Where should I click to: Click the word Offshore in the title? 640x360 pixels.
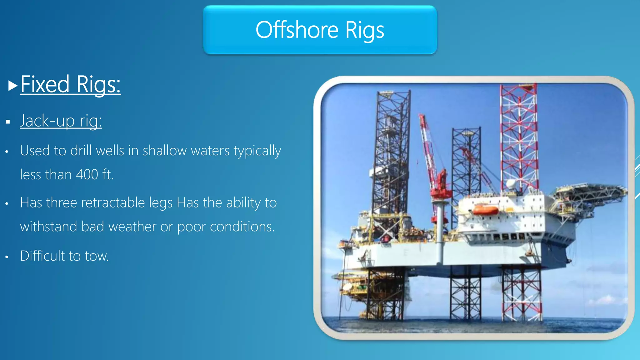pyautogui.click(x=297, y=30)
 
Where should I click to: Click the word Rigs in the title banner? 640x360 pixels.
pyautogui.click(x=365, y=31)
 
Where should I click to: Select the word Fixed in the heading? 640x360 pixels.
pyautogui.click(x=45, y=84)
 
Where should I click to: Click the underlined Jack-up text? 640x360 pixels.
pyautogui.click(x=47, y=121)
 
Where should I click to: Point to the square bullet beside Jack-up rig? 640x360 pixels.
pyautogui.click(x=8, y=122)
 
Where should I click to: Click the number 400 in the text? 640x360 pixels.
pyautogui.click(x=87, y=174)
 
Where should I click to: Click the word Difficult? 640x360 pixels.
pyautogui.click(x=42, y=256)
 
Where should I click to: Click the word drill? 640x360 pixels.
pyautogui.click(x=81, y=151)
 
